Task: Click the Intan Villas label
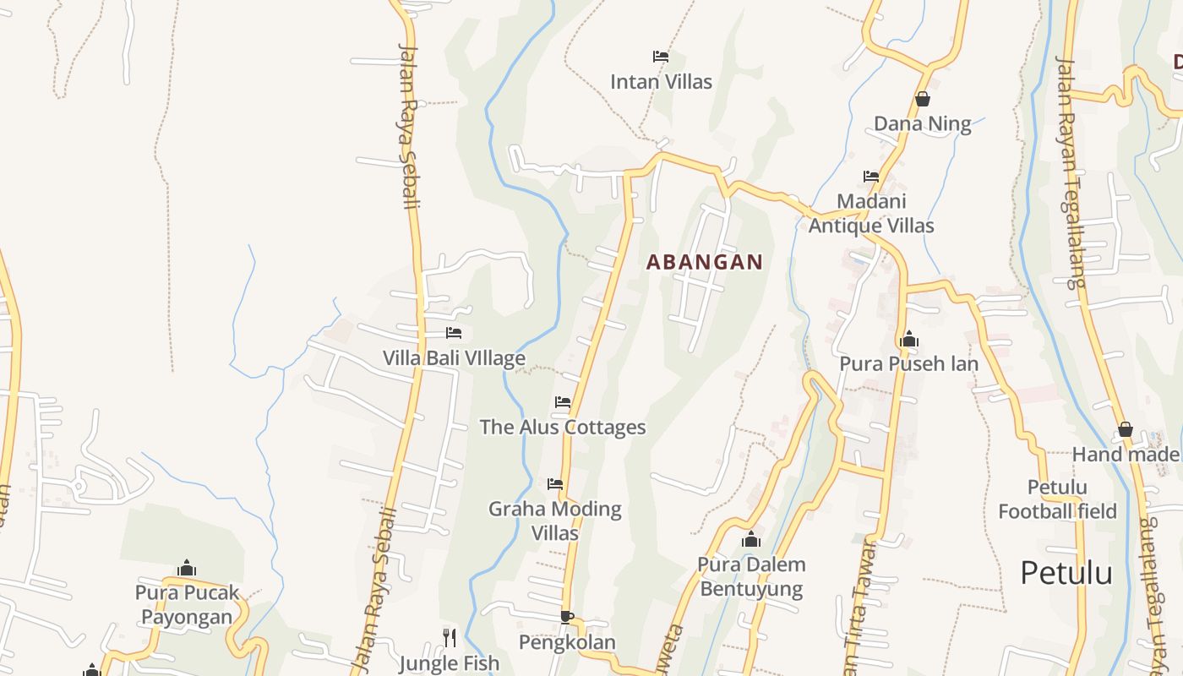(x=661, y=82)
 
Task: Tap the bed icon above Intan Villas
(x=661, y=57)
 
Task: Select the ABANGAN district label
(x=705, y=263)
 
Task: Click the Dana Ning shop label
(x=922, y=124)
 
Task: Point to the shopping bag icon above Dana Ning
(x=923, y=99)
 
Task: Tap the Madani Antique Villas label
(x=871, y=214)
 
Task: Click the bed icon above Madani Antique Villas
(x=871, y=177)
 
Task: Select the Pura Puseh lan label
(x=908, y=364)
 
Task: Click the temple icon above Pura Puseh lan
(x=909, y=339)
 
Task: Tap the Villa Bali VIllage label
(x=454, y=358)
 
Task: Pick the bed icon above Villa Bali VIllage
(x=454, y=333)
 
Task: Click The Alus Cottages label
(x=563, y=428)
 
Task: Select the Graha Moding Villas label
(x=555, y=521)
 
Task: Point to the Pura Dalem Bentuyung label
(x=751, y=576)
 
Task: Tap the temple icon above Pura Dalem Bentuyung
(x=751, y=539)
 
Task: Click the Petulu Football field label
(x=1057, y=499)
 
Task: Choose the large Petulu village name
(x=1066, y=573)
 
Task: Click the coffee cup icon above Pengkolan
(x=566, y=617)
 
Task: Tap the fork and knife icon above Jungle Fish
(x=450, y=637)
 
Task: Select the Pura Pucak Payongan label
(x=187, y=604)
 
